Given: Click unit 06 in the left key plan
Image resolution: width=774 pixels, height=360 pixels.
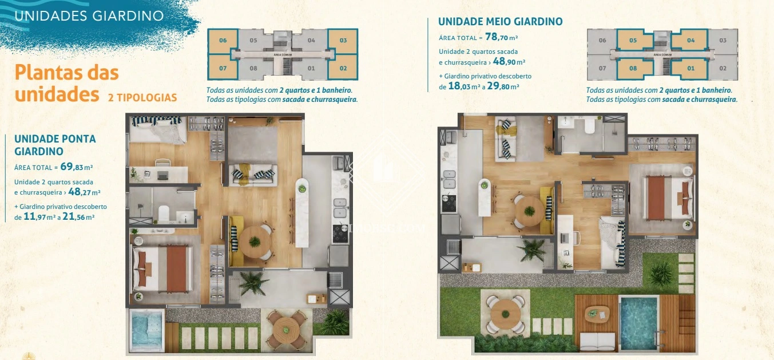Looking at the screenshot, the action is pos(223,41).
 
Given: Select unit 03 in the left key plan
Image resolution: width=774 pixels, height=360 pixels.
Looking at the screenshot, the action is pos(343,41).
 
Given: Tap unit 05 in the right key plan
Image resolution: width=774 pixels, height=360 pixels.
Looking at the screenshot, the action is pos(632,40).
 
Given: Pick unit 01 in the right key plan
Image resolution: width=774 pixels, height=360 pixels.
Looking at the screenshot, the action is pos(690,68).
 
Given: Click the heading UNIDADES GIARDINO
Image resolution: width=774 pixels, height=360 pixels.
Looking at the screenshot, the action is pos(89,16).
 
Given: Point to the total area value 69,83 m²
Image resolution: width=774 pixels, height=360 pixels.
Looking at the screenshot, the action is pos(76,167).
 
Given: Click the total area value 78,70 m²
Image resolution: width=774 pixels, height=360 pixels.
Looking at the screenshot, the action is pos(501,37).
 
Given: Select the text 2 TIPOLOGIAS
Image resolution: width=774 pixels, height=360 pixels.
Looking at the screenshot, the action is pos(142,97).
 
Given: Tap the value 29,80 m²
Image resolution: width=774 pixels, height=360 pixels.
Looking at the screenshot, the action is pos(503,86).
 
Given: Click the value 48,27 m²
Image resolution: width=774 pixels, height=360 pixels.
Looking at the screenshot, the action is pos(84,192).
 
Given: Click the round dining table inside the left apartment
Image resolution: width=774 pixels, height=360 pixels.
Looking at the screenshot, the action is pos(255,242).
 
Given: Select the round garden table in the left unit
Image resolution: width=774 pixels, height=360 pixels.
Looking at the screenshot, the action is pos(286,330).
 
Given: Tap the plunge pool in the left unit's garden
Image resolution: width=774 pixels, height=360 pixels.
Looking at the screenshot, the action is pos(147,330).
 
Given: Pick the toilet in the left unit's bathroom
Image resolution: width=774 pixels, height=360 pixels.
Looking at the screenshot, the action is pos(164,213).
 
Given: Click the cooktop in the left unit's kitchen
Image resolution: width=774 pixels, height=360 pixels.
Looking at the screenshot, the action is pos(340,234).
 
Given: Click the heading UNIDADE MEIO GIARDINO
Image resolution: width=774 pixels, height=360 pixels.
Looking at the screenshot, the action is pos(501,21).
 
